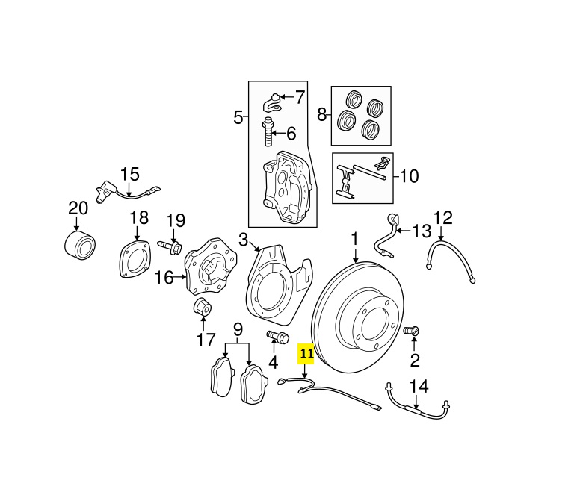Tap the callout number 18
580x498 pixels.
(x=140, y=218)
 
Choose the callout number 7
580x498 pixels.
(x=299, y=97)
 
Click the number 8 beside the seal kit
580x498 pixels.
(x=322, y=115)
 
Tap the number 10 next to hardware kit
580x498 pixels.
(x=409, y=177)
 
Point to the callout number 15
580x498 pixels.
(x=130, y=175)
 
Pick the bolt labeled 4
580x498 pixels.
(x=277, y=337)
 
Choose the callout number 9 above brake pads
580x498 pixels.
(x=238, y=329)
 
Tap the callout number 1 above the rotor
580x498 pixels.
(x=355, y=240)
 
